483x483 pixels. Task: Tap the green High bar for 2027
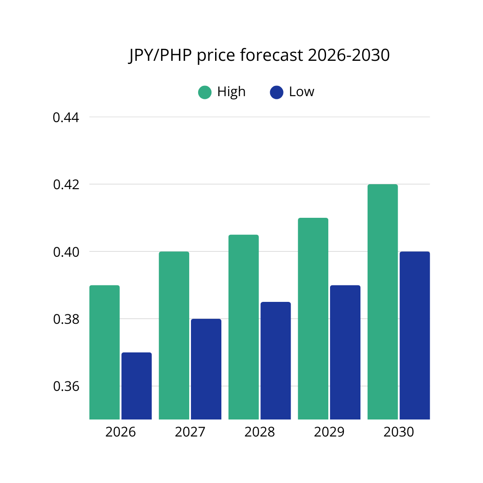(174, 335)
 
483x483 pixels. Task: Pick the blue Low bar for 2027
(206, 369)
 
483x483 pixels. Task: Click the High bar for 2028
(243, 327)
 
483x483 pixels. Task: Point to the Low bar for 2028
(275, 360)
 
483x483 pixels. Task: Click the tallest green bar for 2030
(382, 302)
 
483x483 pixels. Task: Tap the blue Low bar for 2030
(415, 335)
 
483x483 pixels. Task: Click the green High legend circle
(205, 93)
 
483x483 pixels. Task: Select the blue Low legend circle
(277, 93)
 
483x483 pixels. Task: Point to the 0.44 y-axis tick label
(66, 118)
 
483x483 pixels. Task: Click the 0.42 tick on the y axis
(66, 185)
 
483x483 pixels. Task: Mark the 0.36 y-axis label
(66, 386)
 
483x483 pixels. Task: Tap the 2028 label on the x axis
(259, 432)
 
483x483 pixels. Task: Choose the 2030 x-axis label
(398, 432)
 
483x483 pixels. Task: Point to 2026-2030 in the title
(349, 56)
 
